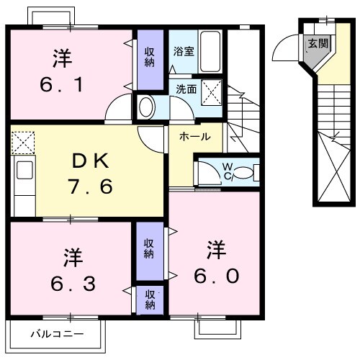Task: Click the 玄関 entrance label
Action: [x=318, y=44]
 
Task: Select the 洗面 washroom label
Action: [x=185, y=90]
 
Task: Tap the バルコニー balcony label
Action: [x=57, y=334]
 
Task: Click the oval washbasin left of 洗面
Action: [x=146, y=108]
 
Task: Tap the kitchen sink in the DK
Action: [x=24, y=171]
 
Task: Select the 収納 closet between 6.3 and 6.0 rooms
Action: [x=149, y=248]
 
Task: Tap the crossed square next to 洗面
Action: [x=212, y=91]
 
